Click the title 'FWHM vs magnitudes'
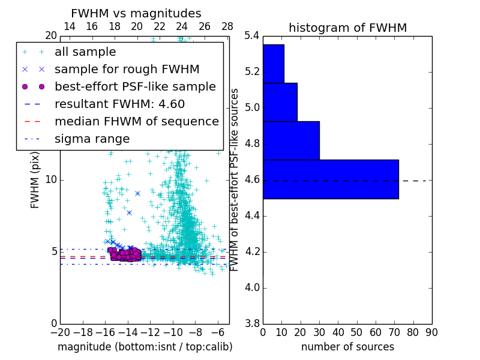pyautogui.click(x=136, y=13)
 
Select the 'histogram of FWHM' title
pyautogui.click(x=347, y=28)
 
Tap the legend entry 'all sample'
pyautogui.click(x=85, y=52)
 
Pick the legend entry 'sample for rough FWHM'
pyautogui.click(x=127, y=69)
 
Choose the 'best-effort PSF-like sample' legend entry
pyautogui.click(x=135, y=86)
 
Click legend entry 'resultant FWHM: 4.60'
pyautogui.click(x=119, y=104)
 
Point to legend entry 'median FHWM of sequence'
pyautogui.click(x=136, y=121)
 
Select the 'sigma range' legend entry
pyautogui.click(x=92, y=139)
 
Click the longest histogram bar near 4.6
pyautogui.click(x=331, y=179)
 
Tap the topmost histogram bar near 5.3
pyautogui.click(x=273, y=64)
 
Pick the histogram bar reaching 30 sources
pyautogui.click(x=291, y=140)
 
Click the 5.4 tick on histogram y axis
pyautogui.click(x=252, y=36)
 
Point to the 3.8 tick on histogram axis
pyautogui.click(x=252, y=323)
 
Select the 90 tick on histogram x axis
pyautogui.click(x=431, y=332)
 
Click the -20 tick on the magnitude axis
pyautogui.click(x=59, y=332)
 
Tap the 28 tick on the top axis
pyautogui.click(x=227, y=26)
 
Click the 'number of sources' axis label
pyautogui.click(x=347, y=347)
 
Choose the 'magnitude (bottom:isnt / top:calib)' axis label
pyautogui.click(x=145, y=347)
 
